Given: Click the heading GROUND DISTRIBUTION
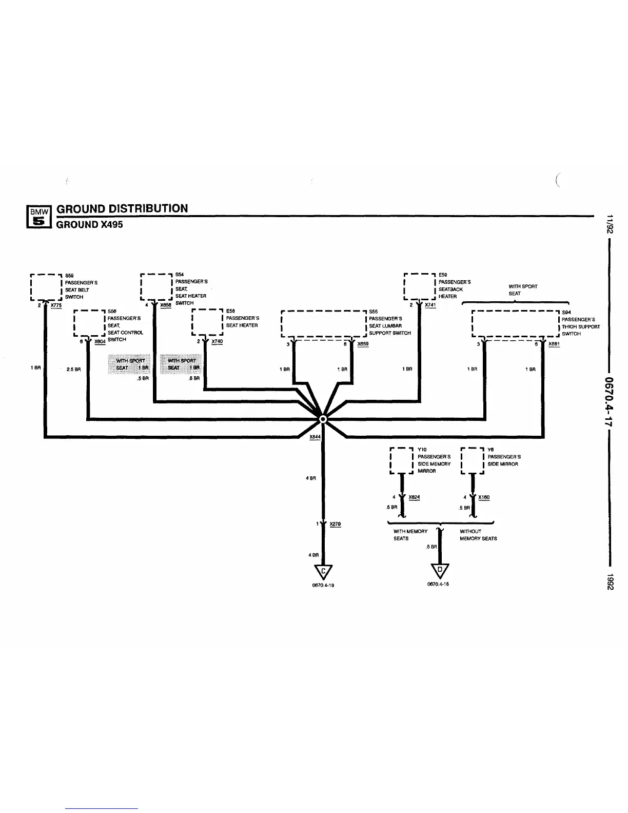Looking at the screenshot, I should (122, 208).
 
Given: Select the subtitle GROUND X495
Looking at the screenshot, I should (89, 224).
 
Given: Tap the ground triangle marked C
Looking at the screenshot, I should (323, 571).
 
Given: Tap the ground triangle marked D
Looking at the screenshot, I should (440, 570).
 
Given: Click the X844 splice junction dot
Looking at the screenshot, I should (323, 419).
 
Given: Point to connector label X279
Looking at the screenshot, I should (335, 524).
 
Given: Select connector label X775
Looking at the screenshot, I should (56, 305).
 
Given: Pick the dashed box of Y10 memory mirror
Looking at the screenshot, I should (401, 460).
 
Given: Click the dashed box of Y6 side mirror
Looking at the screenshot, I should (472, 460).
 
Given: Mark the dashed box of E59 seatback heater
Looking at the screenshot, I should (420, 287).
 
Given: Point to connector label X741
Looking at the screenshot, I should (430, 305).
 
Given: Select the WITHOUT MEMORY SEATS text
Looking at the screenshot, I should (478, 535).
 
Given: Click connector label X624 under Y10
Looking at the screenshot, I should (414, 497).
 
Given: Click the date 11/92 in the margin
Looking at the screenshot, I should (609, 224).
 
